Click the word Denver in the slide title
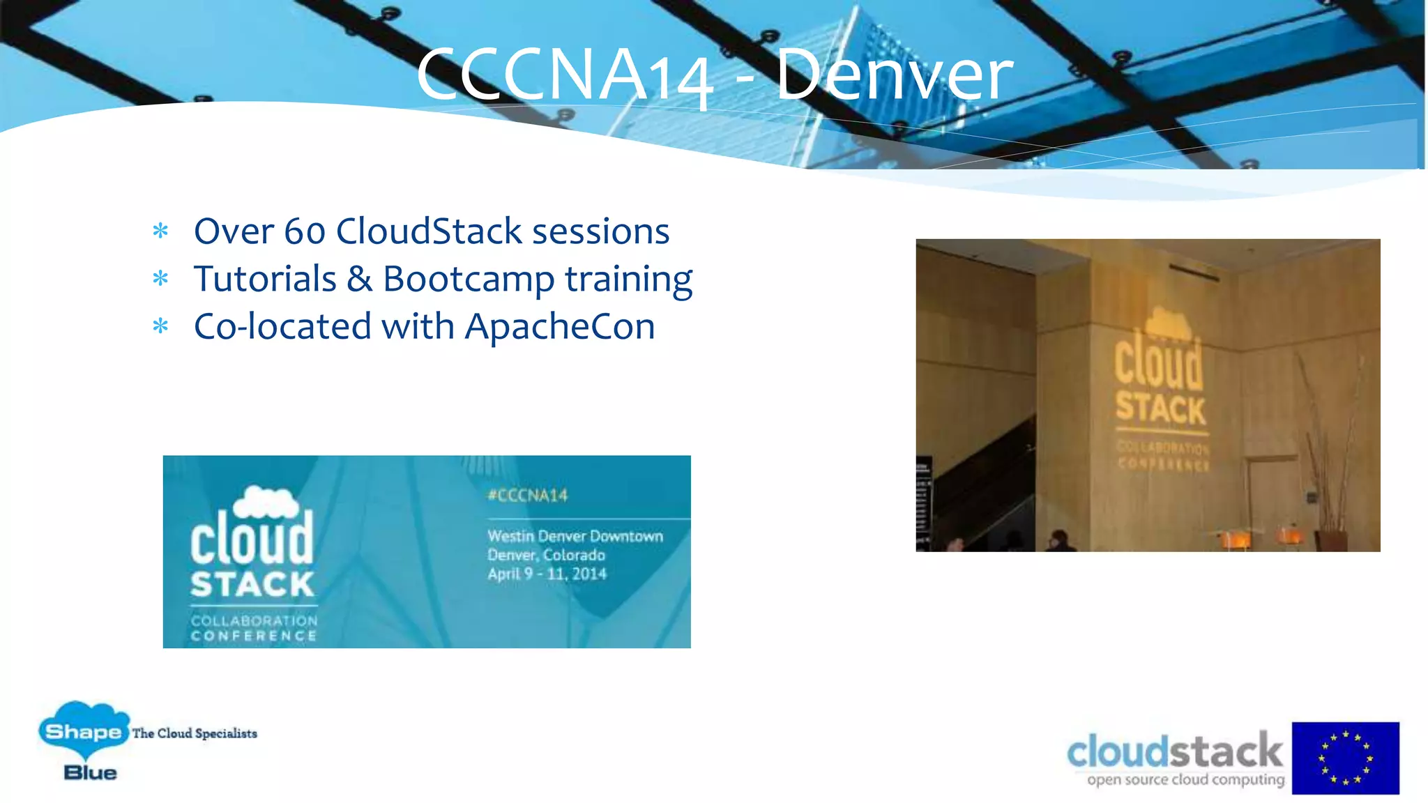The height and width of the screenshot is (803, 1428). [894, 74]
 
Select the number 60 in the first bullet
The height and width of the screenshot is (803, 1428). [305, 231]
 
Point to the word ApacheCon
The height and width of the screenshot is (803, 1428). [560, 326]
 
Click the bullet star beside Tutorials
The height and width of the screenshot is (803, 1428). [160, 279]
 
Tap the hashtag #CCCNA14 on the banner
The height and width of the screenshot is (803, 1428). [528, 496]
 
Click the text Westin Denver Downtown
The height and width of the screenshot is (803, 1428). [575, 536]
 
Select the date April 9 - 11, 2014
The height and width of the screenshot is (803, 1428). [547, 574]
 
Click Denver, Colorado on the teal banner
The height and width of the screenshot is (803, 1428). [546, 555]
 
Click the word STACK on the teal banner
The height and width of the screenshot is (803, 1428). [252, 585]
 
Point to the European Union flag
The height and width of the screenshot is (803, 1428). [1345, 758]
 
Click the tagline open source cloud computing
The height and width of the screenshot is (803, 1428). [1185, 779]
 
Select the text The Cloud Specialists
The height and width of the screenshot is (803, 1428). [195, 733]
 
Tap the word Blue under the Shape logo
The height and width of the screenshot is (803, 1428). [90, 772]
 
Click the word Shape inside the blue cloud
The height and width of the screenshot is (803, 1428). [83, 732]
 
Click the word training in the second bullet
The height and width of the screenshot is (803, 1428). [628, 280]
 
